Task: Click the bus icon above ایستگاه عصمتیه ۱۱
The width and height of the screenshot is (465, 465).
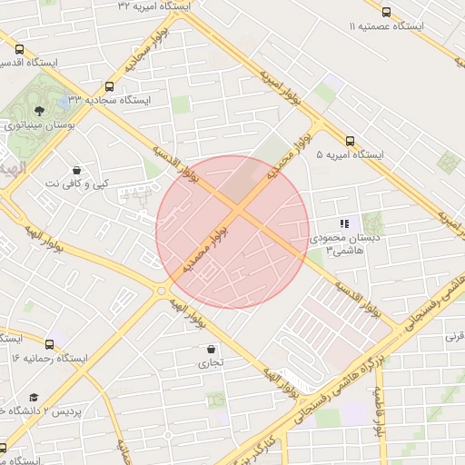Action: [x=387, y=13]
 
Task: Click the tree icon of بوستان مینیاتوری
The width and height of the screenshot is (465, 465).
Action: [x=37, y=111]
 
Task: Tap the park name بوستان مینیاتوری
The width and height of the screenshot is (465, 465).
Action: [x=38, y=125]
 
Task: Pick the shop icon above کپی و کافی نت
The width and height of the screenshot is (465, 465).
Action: [x=76, y=170]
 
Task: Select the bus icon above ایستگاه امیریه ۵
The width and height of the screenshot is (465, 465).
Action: [x=351, y=141]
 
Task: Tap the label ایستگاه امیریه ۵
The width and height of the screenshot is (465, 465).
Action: [x=351, y=155]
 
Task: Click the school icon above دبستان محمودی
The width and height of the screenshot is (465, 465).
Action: [x=343, y=223]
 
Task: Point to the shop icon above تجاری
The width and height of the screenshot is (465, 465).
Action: [x=212, y=349]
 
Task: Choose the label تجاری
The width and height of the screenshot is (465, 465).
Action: [x=211, y=362]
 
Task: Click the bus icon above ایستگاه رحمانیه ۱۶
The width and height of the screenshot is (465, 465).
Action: [x=49, y=344]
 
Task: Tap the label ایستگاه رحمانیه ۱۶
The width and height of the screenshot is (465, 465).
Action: [x=49, y=358]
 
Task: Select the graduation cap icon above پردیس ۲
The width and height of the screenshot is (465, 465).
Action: [x=34, y=398]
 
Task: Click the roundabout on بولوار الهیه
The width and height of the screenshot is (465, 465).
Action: [x=163, y=291]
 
